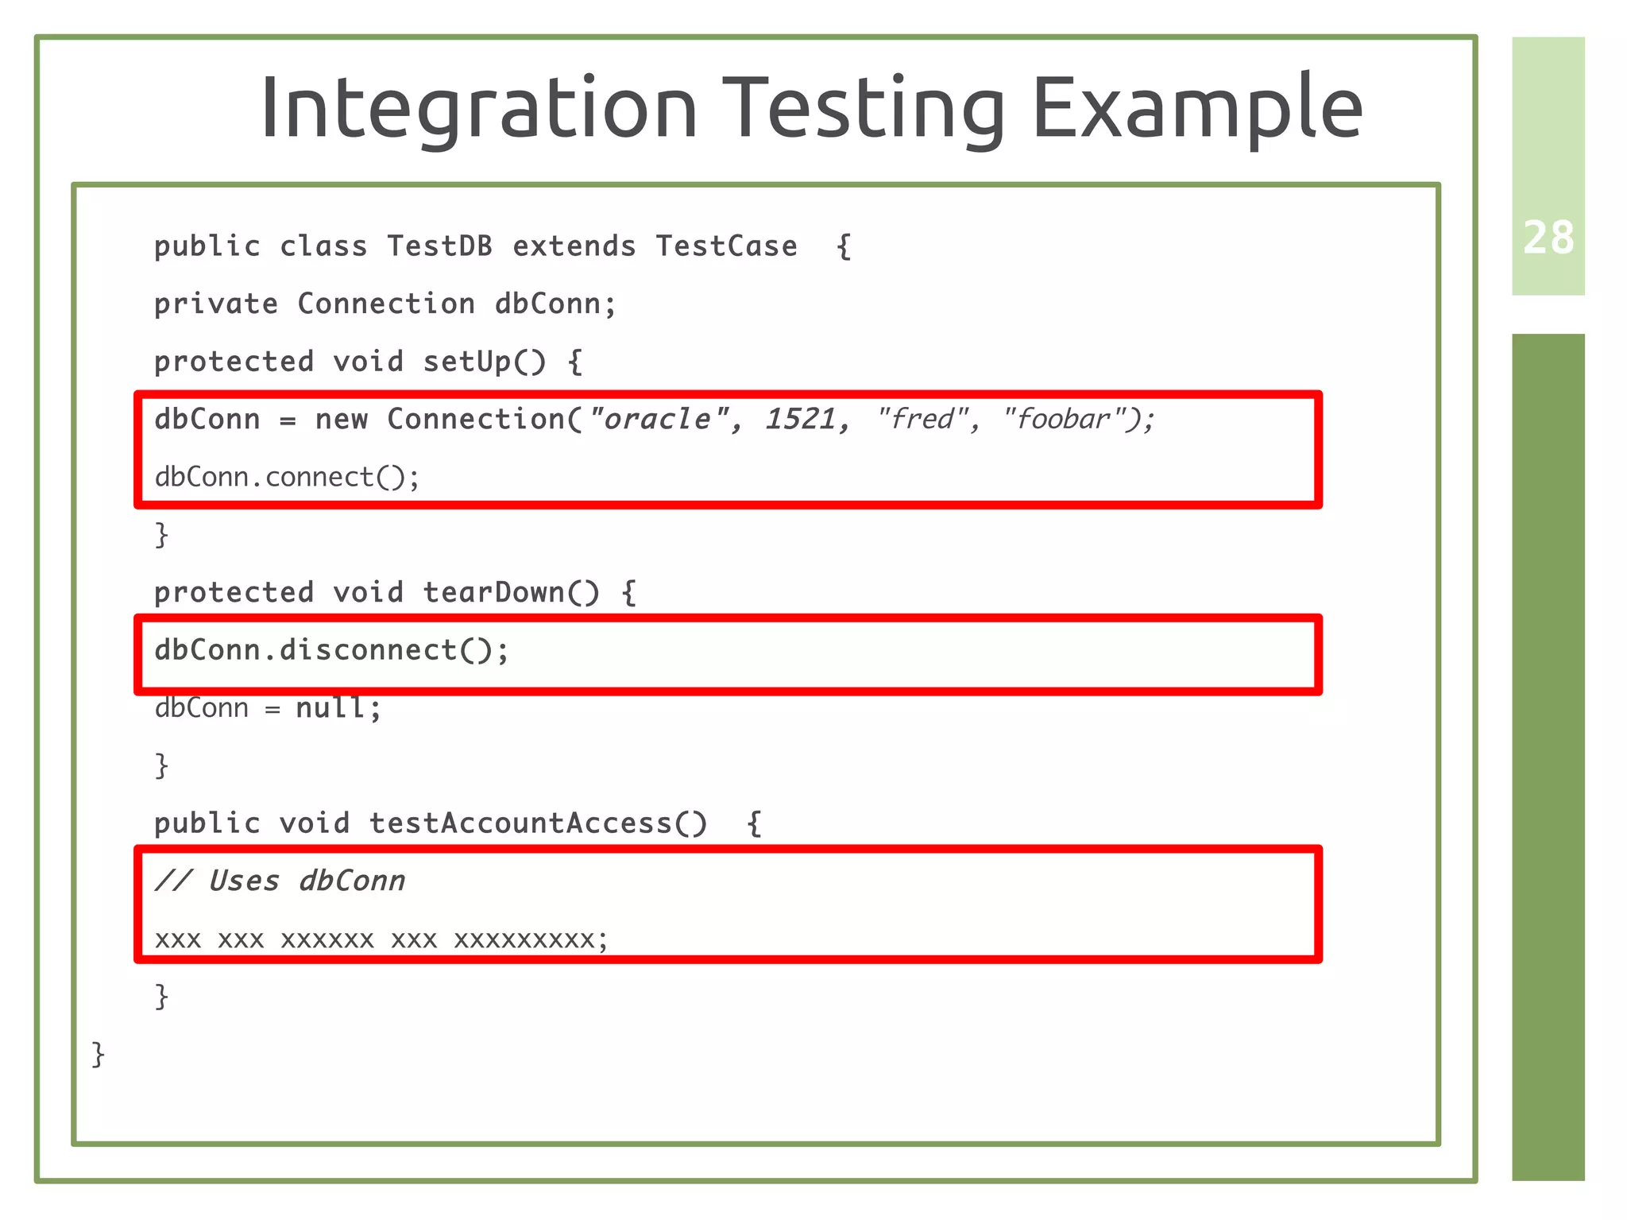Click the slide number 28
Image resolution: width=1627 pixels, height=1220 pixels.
tap(1548, 238)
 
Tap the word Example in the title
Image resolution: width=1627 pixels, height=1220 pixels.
tap(1196, 107)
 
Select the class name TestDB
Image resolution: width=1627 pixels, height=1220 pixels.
tap(439, 246)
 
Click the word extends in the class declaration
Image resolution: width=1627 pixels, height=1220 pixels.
tap(574, 246)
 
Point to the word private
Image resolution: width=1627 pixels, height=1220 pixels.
tap(215, 304)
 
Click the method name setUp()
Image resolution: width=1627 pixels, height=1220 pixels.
tap(485, 362)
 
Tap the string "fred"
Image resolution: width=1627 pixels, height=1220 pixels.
tap(922, 419)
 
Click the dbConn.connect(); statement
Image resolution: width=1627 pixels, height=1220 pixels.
tap(287, 477)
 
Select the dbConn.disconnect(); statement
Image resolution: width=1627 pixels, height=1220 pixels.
tap(331, 650)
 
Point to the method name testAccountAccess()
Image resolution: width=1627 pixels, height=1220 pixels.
tap(538, 823)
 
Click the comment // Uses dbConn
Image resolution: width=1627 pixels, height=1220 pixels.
tap(280, 881)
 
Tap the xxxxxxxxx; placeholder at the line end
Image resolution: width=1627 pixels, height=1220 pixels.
tap(531, 939)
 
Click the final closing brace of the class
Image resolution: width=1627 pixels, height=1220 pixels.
tap(99, 1054)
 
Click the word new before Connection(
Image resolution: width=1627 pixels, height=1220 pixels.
tap(341, 419)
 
